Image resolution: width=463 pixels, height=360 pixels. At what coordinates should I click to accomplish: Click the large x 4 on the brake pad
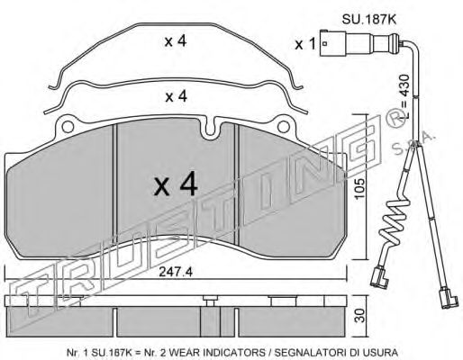coord(176,185)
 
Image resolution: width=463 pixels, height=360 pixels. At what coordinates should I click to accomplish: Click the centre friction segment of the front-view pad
coord(176,180)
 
